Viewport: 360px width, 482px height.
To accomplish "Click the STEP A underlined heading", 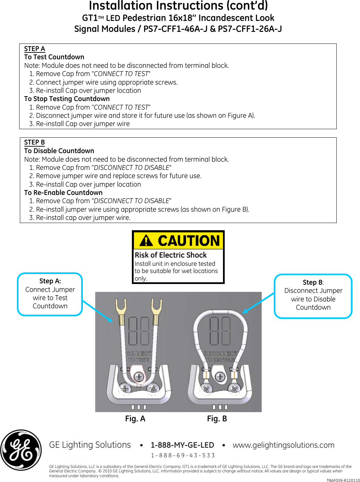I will tap(35, 49).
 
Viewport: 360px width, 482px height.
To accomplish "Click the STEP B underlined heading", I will tap(35, 142).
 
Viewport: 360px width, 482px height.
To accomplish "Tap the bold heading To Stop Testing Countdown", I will tap(67, 99).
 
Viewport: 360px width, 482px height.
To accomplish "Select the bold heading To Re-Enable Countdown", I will tap(63, 193).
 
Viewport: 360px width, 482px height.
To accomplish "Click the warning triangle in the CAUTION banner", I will tap(146, 240).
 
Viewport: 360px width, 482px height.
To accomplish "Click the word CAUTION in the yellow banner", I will tap(189, 240).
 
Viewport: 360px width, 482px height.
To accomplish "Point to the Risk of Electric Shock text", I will tap(171, 255).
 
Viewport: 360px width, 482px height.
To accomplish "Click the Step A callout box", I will tap(50, 294).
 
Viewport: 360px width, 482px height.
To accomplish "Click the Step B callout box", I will tap(313, 296).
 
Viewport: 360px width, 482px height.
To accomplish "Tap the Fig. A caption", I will tap(135, 419).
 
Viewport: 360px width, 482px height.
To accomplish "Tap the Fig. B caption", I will tap(217, 419).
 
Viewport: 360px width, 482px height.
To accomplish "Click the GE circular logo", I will tap(21, 450).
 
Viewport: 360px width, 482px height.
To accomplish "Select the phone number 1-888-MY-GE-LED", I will tap(182, 445).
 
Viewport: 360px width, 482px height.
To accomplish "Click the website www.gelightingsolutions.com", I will tap(283, 445).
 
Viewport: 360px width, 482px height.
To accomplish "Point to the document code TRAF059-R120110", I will tap(343, 480).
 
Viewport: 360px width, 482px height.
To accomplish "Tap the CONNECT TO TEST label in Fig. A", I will tap(139, 356).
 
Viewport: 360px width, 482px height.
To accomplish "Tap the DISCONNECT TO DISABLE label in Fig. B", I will tap(220, 356).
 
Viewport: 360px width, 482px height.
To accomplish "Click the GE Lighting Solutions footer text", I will tap(90, 445).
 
